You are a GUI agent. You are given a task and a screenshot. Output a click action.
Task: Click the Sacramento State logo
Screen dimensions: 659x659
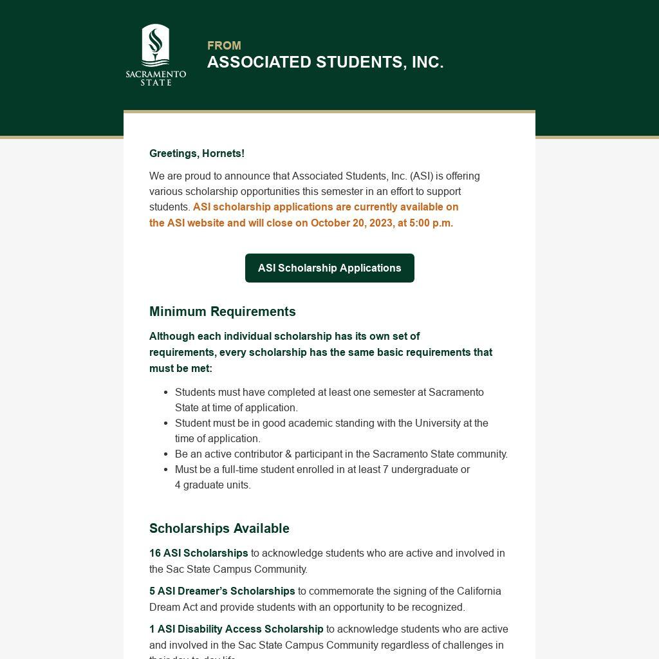point(156,55)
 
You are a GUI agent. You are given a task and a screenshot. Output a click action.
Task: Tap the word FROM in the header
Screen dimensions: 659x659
point(224,46)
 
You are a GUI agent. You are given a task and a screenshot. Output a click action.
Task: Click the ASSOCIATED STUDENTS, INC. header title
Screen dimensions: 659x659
point(325,62)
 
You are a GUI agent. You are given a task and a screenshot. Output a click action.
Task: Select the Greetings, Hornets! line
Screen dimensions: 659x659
point(197,154)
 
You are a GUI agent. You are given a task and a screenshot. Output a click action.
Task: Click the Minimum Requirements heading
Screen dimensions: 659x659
point(223,311)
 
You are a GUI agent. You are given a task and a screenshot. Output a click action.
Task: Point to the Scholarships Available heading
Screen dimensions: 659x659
point(219,528)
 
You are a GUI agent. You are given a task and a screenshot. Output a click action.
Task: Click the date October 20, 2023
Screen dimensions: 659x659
point(351,223)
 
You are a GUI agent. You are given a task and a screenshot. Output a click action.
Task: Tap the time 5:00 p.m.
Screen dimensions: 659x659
point(431,223)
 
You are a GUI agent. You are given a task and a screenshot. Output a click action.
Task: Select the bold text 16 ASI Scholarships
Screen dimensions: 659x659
point(199,553)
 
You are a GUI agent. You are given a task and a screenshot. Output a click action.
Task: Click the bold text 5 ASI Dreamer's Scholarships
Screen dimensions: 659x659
point(222,591)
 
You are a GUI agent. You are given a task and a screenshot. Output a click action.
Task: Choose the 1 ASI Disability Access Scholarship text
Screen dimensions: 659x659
point(236,629)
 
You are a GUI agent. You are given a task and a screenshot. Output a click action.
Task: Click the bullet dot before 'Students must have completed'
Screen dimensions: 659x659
point(166,393)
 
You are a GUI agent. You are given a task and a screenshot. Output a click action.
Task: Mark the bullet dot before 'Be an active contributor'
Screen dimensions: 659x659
point(166,454)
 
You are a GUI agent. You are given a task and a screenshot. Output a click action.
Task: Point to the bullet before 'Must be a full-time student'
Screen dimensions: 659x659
point(166,470)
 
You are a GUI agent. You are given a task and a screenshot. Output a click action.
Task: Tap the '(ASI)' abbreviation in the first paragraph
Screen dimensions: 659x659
point(422,176)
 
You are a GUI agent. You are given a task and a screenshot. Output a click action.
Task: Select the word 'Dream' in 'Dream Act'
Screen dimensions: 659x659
point(165,608)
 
